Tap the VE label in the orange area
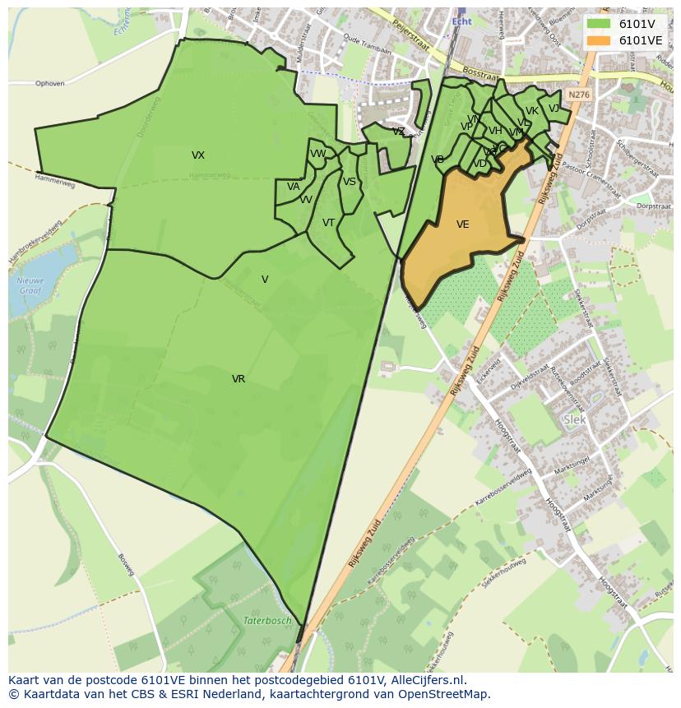click(463, 224)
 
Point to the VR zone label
click(239, 379)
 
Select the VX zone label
click(198, 155)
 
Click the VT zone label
click(328, 223)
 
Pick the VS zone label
click(350, 182)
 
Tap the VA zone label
click(294, 187)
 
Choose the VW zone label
click(317, 154)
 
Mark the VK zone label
click(532, 111)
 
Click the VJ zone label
click(554, 108)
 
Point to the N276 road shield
click(579, 95)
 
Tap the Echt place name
click(461, 21)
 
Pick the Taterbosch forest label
click(267, 621)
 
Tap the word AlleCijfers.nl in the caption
click(428, 680)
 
